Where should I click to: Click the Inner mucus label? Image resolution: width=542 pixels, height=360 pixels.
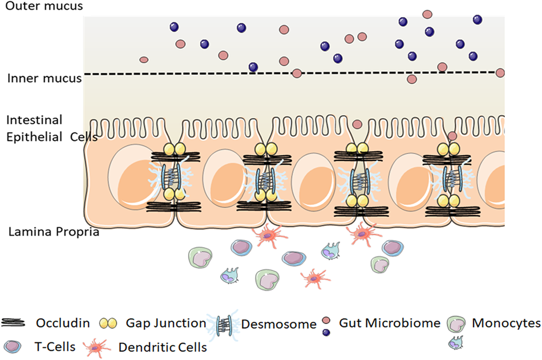44,78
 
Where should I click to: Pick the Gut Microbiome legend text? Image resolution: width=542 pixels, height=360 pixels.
390,323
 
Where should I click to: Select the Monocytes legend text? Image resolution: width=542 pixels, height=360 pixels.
506,323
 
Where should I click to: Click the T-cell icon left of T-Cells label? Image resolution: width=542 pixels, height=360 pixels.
15,345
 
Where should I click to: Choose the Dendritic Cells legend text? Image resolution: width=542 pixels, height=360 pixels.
163,345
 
